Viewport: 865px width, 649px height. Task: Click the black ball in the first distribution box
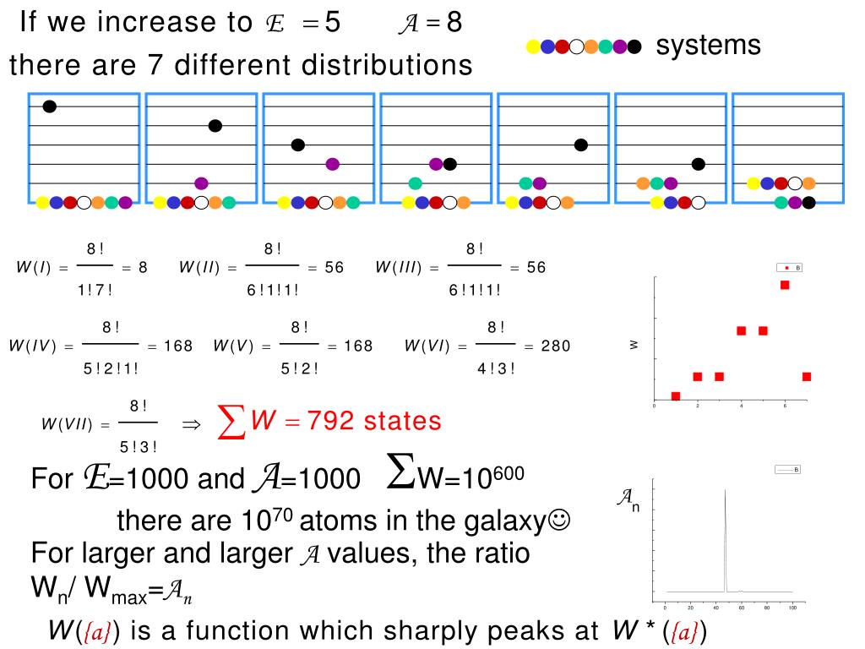49,106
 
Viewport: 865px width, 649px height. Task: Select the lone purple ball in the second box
201,183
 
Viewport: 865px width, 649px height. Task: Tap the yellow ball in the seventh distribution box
753,183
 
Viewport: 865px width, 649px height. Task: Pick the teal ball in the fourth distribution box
415,183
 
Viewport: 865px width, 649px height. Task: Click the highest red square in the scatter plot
785,285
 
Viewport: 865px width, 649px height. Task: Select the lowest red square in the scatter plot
675,396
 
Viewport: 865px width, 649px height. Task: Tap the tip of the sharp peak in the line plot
725,490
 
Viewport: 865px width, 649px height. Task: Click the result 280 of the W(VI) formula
556,346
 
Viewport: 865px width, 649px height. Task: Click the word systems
708,46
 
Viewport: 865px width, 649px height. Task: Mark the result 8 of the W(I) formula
143,268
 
